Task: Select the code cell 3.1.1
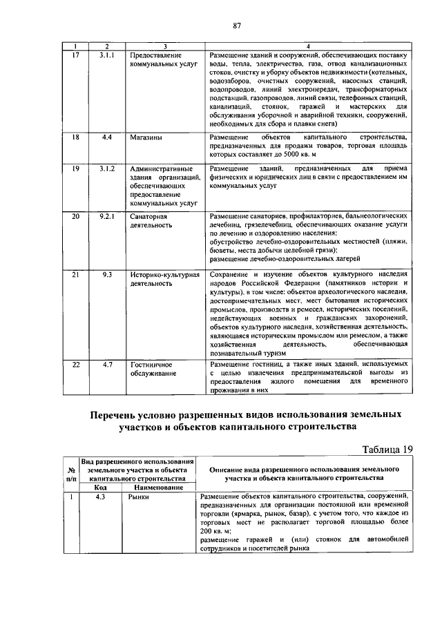[x=106, y=55]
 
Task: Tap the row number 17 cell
[x=77, y=55]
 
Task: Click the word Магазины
[x=146, y=137]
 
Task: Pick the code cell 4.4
[x=106, y=137]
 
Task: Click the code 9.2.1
[x=106, y=216]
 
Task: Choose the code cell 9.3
[x=106, y=274]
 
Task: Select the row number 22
[x=77, y=364]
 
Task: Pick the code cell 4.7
[x=106, y=364]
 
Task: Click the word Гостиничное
[x=151, y=364]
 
